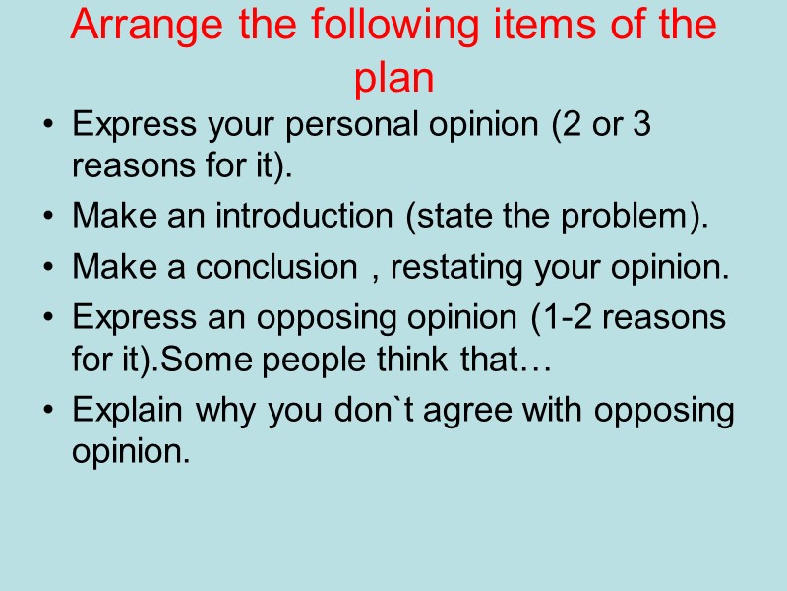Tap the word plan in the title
(x=393, y=79)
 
